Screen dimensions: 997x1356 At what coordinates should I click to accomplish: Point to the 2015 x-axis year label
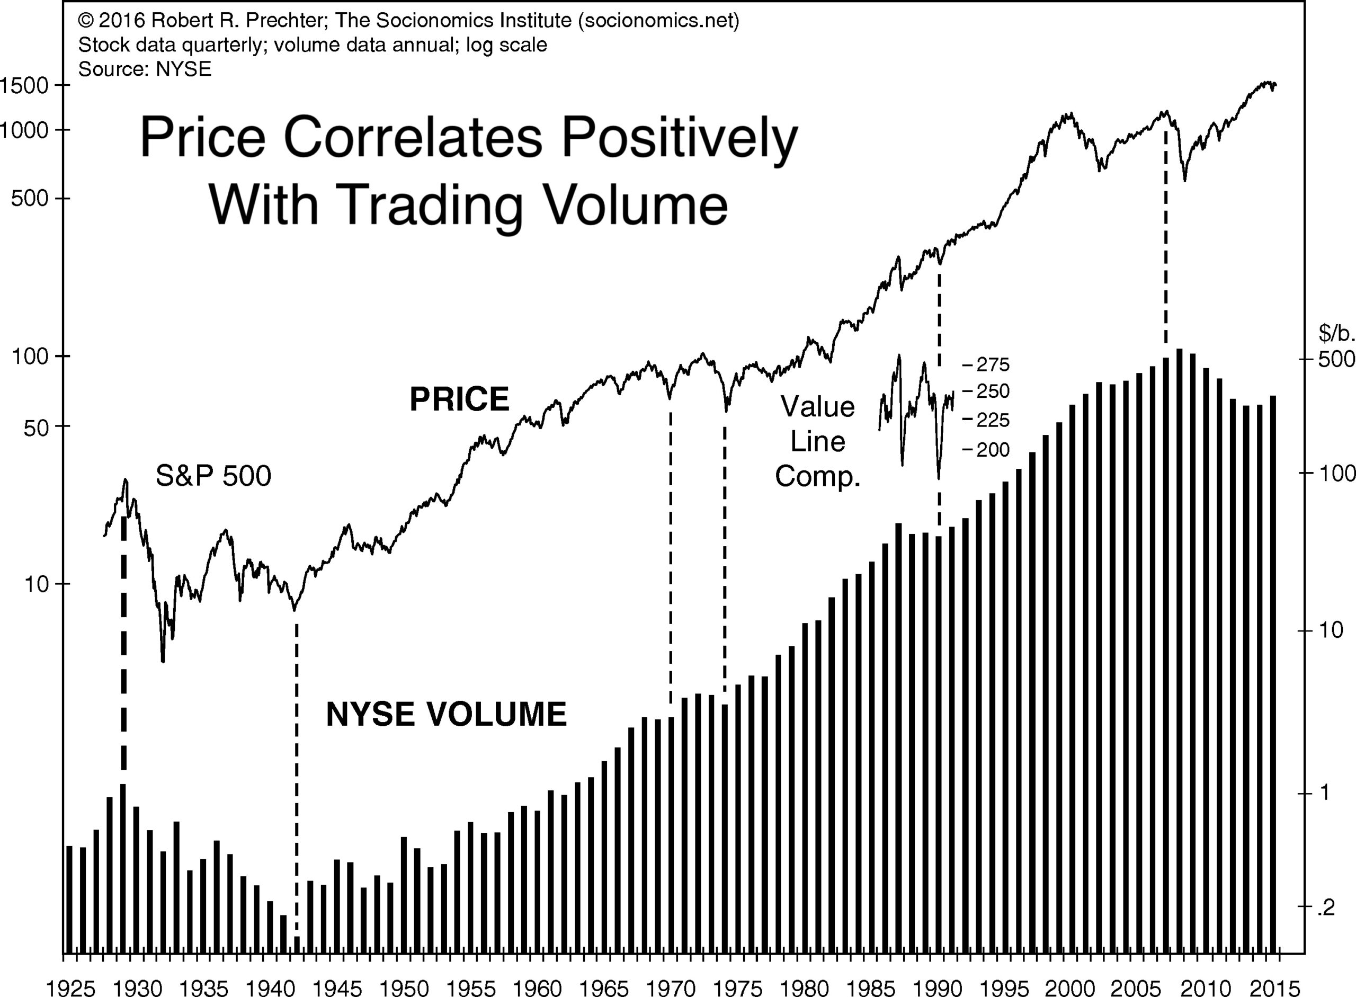tap(1274, 988)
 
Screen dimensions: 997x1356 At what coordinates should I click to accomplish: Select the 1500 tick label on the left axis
tap(24, 85)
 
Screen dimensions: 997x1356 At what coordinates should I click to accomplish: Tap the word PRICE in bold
tap(459, 399)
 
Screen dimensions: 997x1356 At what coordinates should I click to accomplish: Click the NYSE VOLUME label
tap(446, 714)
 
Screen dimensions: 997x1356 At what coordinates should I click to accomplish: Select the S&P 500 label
tap(213, 476)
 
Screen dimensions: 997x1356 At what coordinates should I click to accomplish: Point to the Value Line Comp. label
tap(818, 441)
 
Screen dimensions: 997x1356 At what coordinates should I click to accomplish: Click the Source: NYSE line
tap(145, 69)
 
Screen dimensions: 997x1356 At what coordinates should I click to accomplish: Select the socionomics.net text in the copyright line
tap(658, 21)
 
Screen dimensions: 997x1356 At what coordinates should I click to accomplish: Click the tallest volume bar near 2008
tap(1179, 658)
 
